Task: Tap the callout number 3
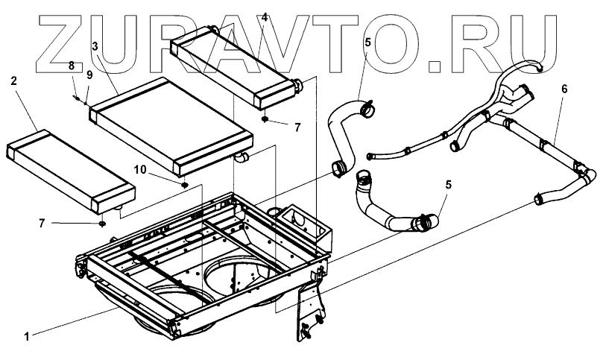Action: tap(95, 46)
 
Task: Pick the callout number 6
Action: tap(564, 87)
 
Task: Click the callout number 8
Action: tap(72, 66)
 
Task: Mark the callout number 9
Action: tap(89, 75)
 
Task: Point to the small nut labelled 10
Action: tap(184, 183)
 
